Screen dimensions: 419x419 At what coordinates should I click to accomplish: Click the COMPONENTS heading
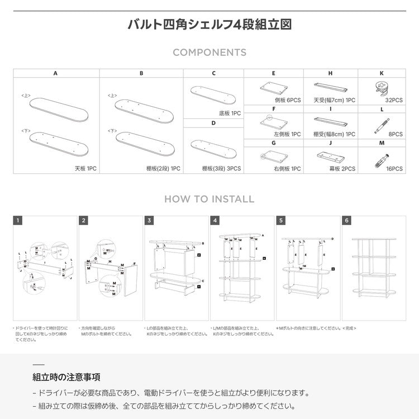209,53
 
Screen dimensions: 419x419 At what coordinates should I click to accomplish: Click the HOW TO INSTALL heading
209,199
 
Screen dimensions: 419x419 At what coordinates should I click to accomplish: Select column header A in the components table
56,73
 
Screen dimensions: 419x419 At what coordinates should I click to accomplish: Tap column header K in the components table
382,73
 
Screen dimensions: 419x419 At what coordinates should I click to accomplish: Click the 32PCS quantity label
394,100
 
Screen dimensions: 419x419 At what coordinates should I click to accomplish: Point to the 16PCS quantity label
394,168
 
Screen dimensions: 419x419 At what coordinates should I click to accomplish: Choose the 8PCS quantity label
396,134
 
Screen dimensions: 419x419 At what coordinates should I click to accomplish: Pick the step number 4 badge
215,221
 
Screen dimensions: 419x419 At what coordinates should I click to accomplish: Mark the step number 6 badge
347,221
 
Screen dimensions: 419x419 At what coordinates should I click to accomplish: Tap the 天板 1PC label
85,168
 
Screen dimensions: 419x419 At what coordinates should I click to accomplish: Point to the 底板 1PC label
229,113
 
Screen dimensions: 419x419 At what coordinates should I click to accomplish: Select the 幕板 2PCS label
342,168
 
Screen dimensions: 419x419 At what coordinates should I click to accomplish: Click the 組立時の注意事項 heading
66,377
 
